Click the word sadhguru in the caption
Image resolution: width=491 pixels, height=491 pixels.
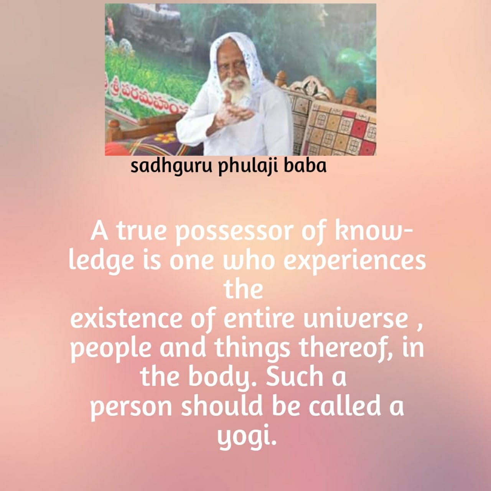[171, 167]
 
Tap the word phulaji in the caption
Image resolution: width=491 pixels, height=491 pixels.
[246, 167]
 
